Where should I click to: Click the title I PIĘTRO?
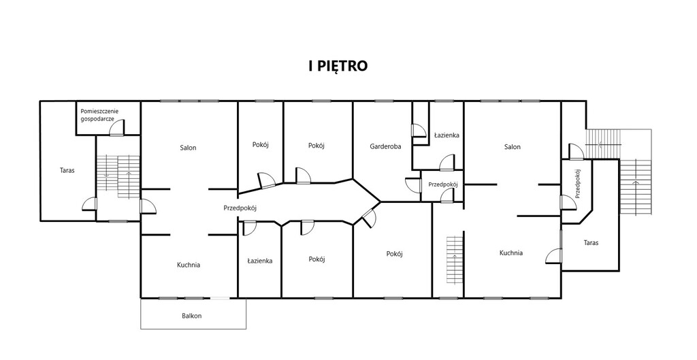click(x=338, y=66)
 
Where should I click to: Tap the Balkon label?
click(x=191, y=316)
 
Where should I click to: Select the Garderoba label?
click(x=385, y=146)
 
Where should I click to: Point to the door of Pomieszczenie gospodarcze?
click(x=117, y=127)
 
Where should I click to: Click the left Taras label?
click(x=67, y=169)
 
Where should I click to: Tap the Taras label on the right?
click(x=591, y=243)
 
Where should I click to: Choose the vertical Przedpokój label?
click(x=577, y=183)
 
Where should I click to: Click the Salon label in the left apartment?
click(x=188, y=148)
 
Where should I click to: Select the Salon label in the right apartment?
click(x=512, y=147)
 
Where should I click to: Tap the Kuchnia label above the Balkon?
click(x=189, y=265)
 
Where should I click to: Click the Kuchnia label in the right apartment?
click(x=510, y=253)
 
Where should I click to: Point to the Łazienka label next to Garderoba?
click(x=447, y=135)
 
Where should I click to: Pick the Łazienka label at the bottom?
click(x=259, y=261)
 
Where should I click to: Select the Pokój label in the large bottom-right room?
click(x=394, y=254)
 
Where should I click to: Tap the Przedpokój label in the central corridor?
click(x=240, y=208)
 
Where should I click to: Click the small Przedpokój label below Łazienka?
click(x=442, y=184)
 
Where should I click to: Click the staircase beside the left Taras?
click(x=118, y=176)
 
